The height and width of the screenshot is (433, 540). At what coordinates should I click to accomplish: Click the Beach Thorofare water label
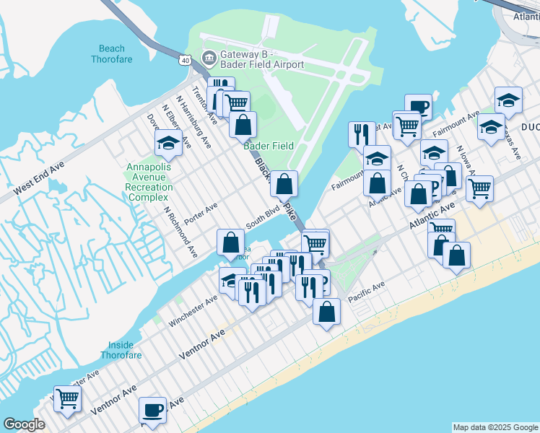pyautogui.click(x=112, y=53)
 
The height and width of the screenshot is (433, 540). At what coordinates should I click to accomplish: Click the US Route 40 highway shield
pyautogui.click(x=186, y=61)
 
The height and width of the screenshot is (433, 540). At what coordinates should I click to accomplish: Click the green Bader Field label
pyautogui.click(x=269, y=146)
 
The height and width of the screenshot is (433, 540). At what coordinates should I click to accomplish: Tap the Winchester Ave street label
pyautogui.click(x=193, y=310)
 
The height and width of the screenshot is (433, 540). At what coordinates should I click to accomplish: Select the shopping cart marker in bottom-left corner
pyautogui.click(x=67, y=398)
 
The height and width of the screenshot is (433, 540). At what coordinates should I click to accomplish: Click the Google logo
pyautogui.click(x=24, y=424)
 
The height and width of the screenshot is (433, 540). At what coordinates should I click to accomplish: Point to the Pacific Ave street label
pyautogui.click(x=365, y=292)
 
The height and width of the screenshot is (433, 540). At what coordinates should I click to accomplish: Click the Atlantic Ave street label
pyautogui.click(x=433, y=216)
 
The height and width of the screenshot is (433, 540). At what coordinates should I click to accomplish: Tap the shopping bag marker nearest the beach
pyautogui.click(x=327, y=312)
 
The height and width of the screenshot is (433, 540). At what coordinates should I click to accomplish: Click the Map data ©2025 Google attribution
pyautogui.click(x=495, y=427)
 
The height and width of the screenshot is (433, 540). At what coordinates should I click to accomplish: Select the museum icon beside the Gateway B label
pyautogui.click(x=209, y=57)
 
